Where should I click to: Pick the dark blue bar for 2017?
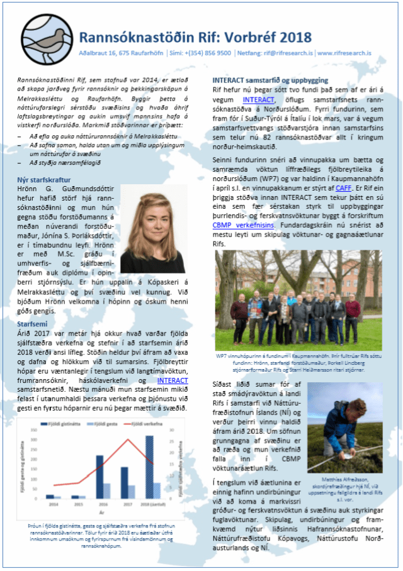click(x=124, y=483)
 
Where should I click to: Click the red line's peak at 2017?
click(x=128, y=440)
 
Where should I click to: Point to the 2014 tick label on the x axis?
click(x=54, y=504)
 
